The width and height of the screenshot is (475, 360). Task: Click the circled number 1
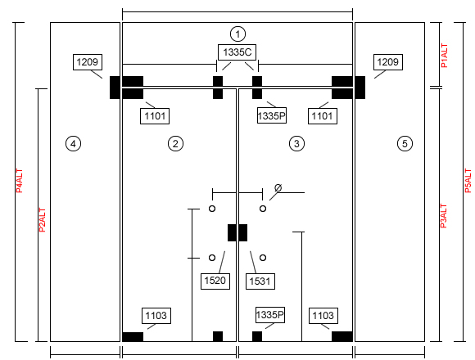237,34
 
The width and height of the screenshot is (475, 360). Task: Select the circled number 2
175,143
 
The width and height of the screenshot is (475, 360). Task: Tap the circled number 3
296,143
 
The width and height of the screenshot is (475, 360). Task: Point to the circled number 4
73,143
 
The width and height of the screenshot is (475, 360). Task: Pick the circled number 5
405,143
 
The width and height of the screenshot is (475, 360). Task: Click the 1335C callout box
237,52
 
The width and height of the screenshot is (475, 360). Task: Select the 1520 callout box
215,281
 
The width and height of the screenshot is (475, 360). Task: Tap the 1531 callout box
260,281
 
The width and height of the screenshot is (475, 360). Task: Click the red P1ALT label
444,56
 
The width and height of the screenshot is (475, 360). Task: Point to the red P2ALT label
43,220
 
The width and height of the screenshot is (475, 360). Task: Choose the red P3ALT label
443,216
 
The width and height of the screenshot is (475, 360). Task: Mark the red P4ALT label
20,181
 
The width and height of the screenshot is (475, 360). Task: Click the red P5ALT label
468,181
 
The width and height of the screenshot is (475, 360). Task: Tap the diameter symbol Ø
278,188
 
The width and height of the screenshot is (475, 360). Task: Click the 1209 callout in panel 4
88,62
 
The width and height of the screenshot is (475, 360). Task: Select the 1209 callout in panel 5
388,62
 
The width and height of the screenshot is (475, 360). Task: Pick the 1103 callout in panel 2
156,316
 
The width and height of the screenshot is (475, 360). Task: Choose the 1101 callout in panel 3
323,116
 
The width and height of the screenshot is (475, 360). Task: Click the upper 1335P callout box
272,116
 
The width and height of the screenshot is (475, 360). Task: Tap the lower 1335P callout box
270,315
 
